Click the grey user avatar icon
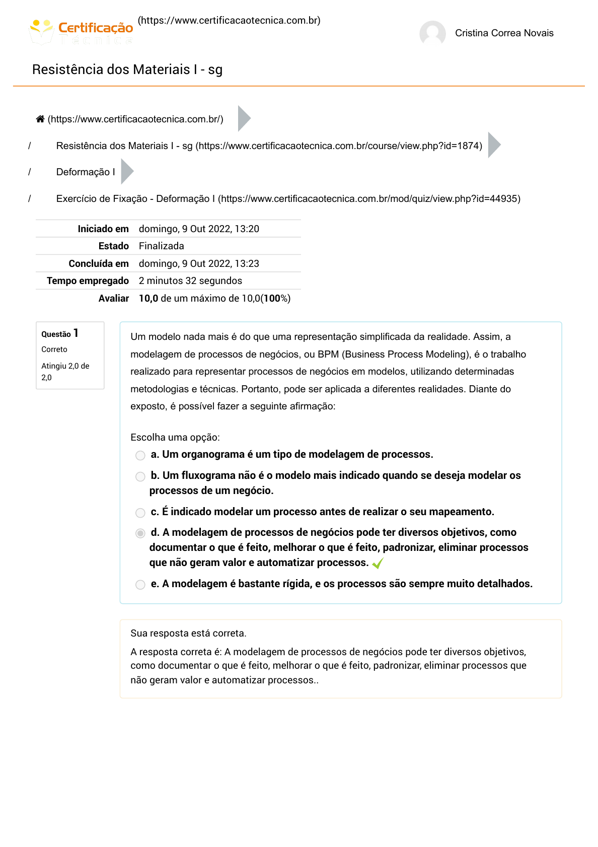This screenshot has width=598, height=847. (x=432, y=33)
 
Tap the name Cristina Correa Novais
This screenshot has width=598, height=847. (x=504, y=33)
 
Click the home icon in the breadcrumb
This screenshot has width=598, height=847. (x=40, y=119)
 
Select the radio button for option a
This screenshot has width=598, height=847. (x=140, y=455)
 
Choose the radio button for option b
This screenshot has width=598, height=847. (x=140, y=476)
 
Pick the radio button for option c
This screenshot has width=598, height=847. (x=140, y=513)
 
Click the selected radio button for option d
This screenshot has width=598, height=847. (x=140, y=533)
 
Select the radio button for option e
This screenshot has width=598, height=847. (x=140, y=585)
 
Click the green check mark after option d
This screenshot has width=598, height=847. (x=378, y=563)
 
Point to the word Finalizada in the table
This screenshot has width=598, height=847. (x=162, y=246)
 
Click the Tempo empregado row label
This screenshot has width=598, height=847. (x=88, y=281)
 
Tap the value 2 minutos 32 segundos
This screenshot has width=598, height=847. (x=190, y=281)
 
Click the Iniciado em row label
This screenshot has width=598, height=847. (x=103, y=229)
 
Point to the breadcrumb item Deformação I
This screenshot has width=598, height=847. (x=86, y=172)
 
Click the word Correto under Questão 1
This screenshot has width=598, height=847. (x=54, y=349)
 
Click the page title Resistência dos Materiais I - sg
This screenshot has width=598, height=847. (x=127, y=69)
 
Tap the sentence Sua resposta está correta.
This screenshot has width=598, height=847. (x=188, y=633)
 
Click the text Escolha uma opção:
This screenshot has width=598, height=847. (x=175, y=438)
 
